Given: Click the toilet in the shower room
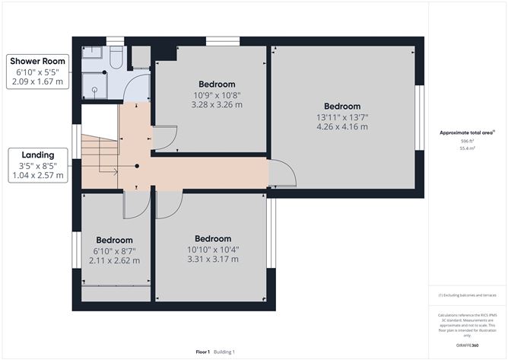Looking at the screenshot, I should tap(116, 59).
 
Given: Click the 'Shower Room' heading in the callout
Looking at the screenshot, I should tap(37, 61).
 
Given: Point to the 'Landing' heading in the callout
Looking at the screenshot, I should tap(37, 155).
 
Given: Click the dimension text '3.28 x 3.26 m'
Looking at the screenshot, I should tap(217, 105).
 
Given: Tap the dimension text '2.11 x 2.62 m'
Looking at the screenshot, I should tap(114, 260).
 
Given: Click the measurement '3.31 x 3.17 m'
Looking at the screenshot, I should tap(213, 259).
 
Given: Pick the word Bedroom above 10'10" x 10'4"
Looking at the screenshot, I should tap(213, 238).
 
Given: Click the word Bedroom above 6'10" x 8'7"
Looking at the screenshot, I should tap(114, 240).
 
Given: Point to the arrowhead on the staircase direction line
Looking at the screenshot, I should tap(116, 172).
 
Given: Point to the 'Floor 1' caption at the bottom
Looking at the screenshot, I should tap(202, 352).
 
